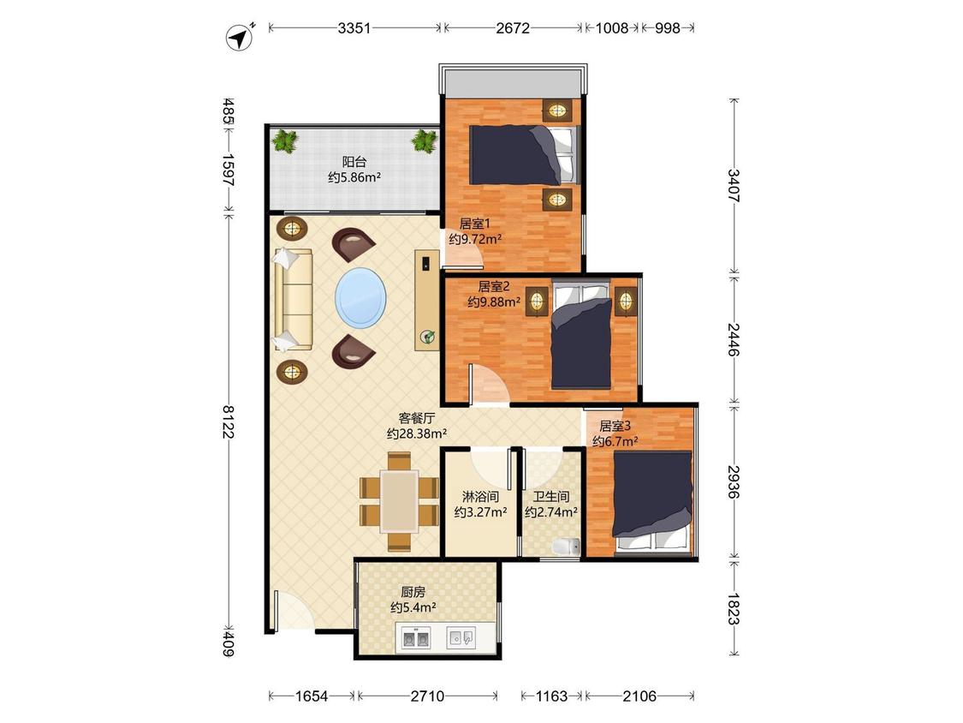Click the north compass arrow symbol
point(241,38)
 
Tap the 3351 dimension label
point(354,27)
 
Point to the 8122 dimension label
point(228,421)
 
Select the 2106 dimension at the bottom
point(639,696)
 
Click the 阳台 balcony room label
point(354,162)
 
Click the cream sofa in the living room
point(294,300)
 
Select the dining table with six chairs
point(399,501)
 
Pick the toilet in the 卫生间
point(567,547)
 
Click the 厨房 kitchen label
point(413,592)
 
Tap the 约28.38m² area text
point(417,433)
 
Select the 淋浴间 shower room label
point(480,496)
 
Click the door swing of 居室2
point(490,385)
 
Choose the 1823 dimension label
point(733,607)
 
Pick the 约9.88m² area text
point(495,302)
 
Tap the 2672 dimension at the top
point(513,27)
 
